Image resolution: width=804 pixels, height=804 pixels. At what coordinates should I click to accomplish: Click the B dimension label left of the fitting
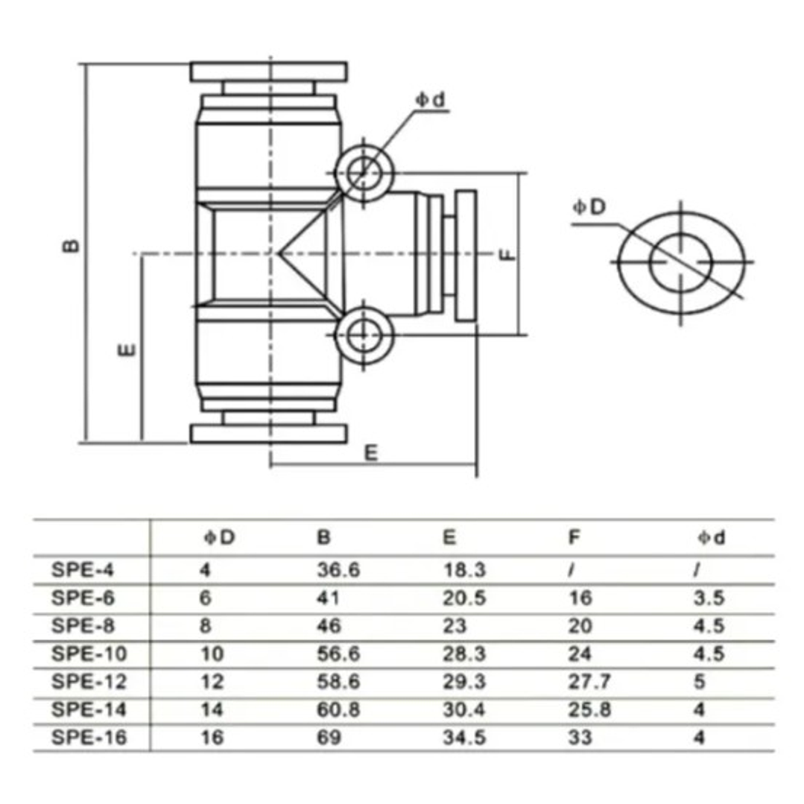click(x=71, y=246)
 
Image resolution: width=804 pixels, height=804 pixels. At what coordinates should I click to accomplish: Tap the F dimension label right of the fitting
click(x=507, y=254)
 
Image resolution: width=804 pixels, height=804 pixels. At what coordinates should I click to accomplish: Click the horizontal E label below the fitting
click(x=371, y=453)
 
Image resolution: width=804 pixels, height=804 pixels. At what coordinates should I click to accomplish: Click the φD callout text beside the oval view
click(x=589, y=207)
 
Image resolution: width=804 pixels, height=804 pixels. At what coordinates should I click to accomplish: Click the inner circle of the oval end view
click(x=681, y=262)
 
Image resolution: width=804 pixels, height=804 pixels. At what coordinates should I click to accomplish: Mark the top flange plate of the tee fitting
click(x=269, y=72)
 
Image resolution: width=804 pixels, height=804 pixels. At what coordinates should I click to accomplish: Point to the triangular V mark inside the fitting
click(x=302, y=254)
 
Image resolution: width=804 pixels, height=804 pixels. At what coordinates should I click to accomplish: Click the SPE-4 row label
click(x=84, y=571)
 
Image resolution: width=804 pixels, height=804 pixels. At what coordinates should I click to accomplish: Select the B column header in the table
click(x=324, y=537)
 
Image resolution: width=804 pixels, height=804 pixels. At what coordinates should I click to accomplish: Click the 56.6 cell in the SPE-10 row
click(x=338, y=654)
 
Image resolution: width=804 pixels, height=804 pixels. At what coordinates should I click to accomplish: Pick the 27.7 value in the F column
click(x=589, y=682)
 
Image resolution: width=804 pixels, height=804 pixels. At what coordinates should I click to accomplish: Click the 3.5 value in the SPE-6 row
click(x=708, y=598)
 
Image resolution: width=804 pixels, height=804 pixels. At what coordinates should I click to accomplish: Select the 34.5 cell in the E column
click(x=465, y=738)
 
